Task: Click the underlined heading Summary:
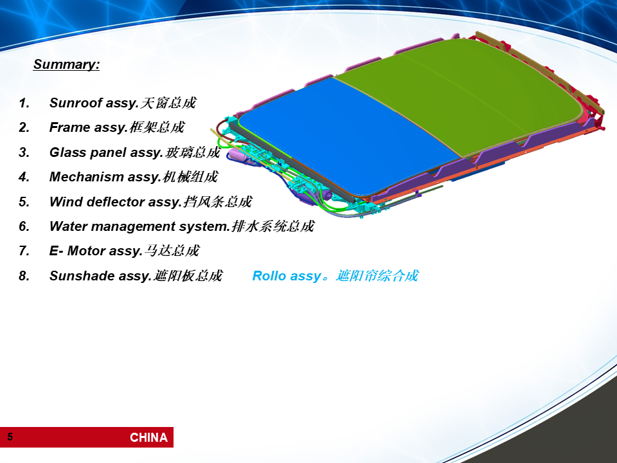(x=66, y=64)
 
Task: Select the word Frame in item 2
(x=64, y=127)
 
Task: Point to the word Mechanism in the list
(x=87, y=177)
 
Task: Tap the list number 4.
(x=24, y=177)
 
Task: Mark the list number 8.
(x=24, y=276)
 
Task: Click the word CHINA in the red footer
(x=148, y=437)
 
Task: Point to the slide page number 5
(x=10, y=437)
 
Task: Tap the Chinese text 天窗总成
(x=168, y=103)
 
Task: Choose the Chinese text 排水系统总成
(x=273, y=226)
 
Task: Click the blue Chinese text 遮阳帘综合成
(x=377, y=276)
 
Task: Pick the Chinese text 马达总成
(x=172, y=251)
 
